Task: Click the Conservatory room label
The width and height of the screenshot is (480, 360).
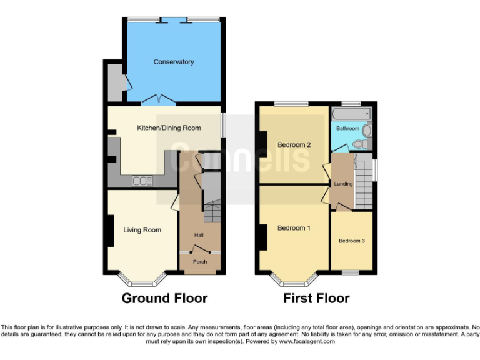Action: (174, 62)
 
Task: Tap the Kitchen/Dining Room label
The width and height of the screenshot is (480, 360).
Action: (169, 128)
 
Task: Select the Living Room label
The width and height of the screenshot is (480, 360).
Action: (142, 230)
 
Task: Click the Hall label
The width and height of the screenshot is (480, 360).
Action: (199, 235)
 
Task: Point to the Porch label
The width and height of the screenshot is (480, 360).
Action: (199, 262)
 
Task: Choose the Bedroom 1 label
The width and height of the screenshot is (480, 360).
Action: (294, 228)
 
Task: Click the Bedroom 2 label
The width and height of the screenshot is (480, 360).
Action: (294, 145)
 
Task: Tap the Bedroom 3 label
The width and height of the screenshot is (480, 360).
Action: (352, 241)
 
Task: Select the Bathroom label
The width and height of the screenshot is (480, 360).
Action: (347, 129)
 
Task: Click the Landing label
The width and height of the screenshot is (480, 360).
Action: (343, 184)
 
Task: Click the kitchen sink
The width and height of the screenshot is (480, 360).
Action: (142, 181)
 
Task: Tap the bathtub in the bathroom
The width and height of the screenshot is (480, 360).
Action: (351, 114)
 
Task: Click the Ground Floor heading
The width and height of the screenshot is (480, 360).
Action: (164, 299)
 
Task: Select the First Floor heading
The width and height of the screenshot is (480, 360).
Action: (316, 299)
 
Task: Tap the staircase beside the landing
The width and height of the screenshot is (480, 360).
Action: (363, 184)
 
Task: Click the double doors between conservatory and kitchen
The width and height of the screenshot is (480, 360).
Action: (158, 99)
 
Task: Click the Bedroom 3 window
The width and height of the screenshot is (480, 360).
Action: (351, 272)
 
